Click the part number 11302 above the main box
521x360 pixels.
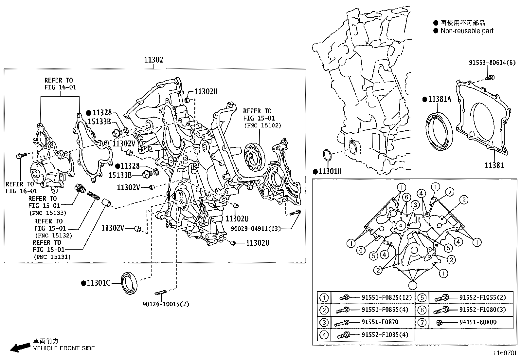[x=153, y=60]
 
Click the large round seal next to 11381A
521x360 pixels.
[x=439, y=131]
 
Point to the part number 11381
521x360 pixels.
[x=494, y=165]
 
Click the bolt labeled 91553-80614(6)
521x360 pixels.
[x=490, y=78]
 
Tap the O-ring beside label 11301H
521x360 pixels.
[x=327, y=156]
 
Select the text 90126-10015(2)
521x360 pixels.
[x=166, y=304]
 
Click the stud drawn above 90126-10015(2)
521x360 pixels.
[x=161, y=292]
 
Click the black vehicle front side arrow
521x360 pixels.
[x=20, y=347]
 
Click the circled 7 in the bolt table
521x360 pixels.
[x=422, y=322]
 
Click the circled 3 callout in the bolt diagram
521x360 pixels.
[x=415, y=205]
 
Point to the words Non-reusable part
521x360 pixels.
[x=467, y=31]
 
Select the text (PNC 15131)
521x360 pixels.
[x=52, y=257]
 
